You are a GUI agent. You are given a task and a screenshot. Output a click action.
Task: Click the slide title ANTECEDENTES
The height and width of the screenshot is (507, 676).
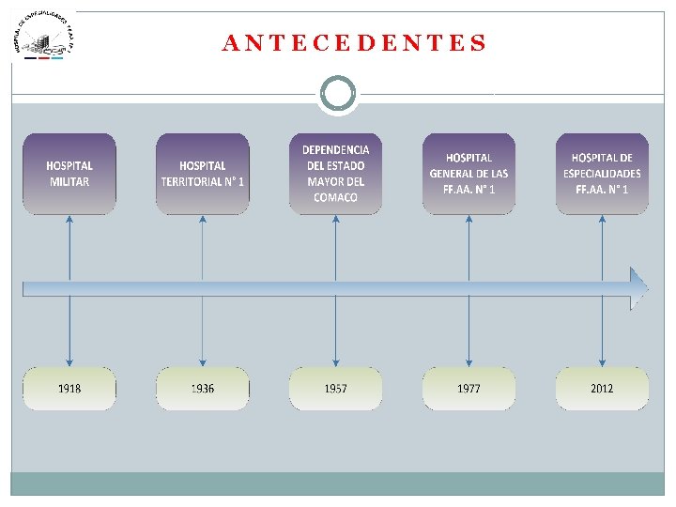click(x=355, y=43)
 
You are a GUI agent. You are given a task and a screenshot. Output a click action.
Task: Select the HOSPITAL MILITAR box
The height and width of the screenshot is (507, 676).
click(x=69, y=174)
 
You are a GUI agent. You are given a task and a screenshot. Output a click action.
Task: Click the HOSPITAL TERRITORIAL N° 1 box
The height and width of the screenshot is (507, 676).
click(x=203, y=174)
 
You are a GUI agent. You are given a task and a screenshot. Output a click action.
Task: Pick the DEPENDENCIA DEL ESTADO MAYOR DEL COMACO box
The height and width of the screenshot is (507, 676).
click(x=336, y=174)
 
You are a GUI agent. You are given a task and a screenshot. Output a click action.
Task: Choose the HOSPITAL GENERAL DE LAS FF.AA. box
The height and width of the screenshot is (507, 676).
click(x=469, y=174)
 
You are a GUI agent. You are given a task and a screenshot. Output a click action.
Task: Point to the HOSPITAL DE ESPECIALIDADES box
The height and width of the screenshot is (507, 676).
click(x=602, y=174)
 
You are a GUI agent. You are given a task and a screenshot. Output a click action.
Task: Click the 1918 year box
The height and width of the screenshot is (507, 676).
click(x=69, y=389)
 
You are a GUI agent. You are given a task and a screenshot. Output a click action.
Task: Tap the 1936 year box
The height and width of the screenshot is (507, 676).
click(x=203, y=389)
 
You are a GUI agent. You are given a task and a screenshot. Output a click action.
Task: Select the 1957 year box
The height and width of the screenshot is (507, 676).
click(x=336, y=389)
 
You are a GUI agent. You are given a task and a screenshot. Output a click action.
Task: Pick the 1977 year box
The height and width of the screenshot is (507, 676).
click(x=469, y=389)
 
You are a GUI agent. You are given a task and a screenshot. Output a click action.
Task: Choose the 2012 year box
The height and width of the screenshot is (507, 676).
click(x=602, y=389)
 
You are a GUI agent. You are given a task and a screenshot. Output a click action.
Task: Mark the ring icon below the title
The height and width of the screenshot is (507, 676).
click(x=338, y=94)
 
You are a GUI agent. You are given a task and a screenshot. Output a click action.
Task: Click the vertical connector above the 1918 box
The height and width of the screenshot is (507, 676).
click(x=69, y=333)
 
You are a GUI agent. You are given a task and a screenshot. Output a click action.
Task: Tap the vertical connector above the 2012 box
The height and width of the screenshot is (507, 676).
click(x=602, y=333)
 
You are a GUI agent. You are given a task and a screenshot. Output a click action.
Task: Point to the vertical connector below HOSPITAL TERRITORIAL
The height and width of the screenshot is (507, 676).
click(x=203, y=244)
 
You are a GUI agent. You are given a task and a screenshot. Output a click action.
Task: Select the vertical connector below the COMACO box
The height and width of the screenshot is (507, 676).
click(x=336, y=244)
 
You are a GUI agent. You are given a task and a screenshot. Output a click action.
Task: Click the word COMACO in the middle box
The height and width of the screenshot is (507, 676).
click(x=336, y=198)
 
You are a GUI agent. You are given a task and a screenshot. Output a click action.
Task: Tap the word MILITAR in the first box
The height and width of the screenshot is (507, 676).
click(x=69, y=181)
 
